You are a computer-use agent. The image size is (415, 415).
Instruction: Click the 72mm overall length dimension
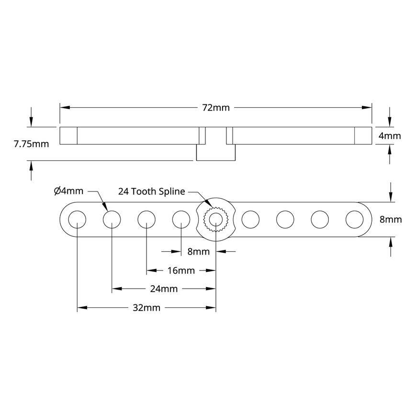click(216, 108)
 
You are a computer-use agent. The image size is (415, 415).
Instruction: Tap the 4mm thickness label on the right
click(390, 136)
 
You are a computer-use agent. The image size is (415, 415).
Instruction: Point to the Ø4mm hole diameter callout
click(69, 191)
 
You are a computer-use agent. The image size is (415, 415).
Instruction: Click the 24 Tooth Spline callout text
click(152, 191)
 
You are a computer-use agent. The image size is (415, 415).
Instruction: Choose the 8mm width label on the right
click(390, 220)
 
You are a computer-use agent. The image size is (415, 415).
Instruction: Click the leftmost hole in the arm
click(77, 220)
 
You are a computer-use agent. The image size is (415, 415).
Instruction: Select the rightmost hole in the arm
click(355, 220)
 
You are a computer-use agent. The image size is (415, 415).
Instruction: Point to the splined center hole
click(216, 220)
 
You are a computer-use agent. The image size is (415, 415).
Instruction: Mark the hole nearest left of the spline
click(181, 220)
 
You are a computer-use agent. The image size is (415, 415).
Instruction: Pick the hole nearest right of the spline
click(250, 220)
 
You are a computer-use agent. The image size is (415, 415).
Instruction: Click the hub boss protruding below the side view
click(216, 153)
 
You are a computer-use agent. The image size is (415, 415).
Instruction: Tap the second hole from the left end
click(112, 220)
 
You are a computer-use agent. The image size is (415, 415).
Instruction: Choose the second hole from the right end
click(320, 220)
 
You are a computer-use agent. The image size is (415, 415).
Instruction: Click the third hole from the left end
click(146, 220)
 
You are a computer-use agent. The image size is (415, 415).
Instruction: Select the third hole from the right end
click(285, 220)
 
